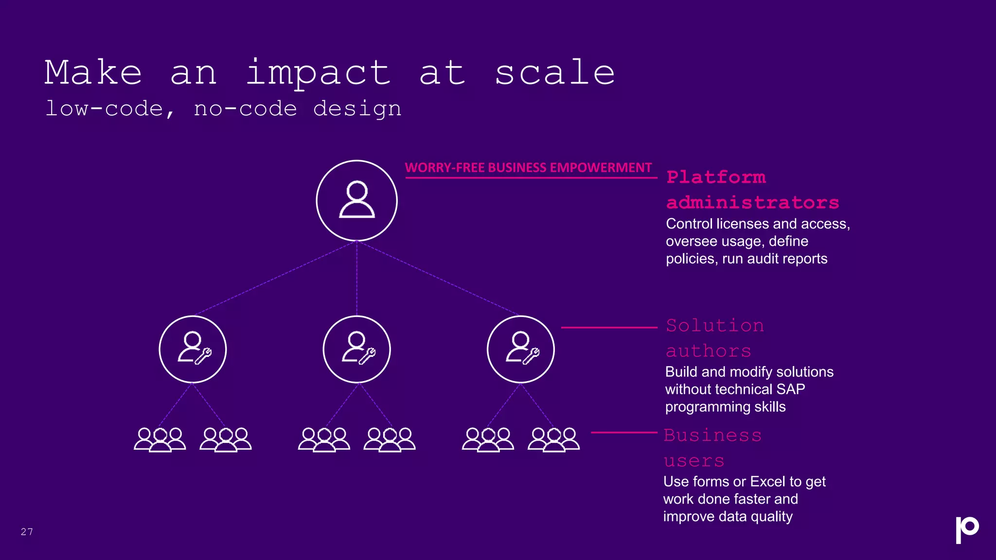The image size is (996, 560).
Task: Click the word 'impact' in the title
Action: click(x=318, y=73)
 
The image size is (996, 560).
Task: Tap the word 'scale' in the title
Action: click(x=554, y=73)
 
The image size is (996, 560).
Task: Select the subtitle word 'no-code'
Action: click(x=245, y=108)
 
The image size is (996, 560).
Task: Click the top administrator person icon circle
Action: click(x=356, y=200)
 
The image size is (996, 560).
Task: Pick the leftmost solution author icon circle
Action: click(x=193, y=349)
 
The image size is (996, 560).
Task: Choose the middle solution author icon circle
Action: click(x=356, y=349)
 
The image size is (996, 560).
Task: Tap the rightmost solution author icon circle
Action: click(x=520, y=349)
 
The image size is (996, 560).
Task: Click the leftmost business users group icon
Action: click(x=160, y=439)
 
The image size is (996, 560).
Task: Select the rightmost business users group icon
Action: click(x=553, y=439)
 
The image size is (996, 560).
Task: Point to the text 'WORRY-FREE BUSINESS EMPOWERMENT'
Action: click(x=528, y=168)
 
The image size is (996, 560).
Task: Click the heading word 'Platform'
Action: click(x=716, y=177)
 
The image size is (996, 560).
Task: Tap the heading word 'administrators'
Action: click(x=752, y=202)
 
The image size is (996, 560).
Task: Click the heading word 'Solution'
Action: click(x=714, y=325)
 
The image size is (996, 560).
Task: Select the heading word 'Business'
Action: click(x=712, y=435)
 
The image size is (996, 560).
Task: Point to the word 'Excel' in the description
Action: click(x=767, y=481)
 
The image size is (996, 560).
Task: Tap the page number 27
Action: click(x=27, y=531)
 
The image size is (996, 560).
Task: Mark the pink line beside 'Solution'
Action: click(x=609, y=328)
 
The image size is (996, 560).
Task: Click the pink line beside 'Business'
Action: click(x=624, y=432)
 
